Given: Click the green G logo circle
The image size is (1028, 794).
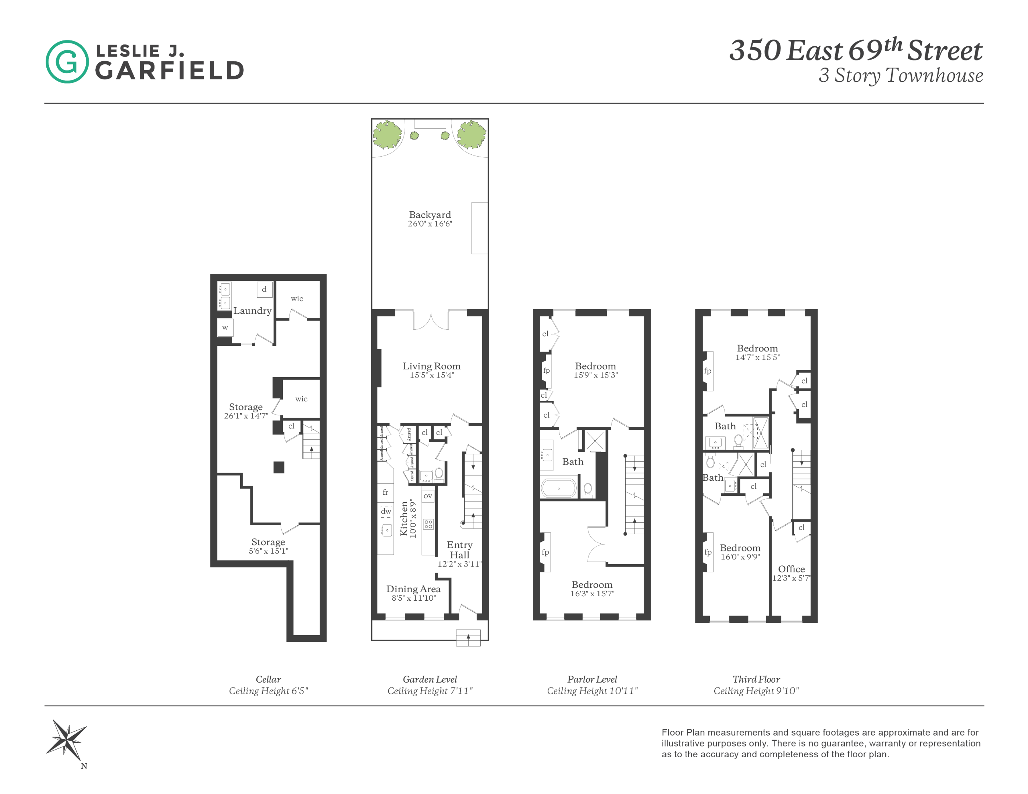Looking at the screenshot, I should coord(67,62).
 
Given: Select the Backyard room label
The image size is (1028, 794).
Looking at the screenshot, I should coord(429,215).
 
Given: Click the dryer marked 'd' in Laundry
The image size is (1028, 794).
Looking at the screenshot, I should coord(264,289).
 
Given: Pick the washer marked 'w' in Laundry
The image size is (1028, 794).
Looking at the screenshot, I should coord(225,328).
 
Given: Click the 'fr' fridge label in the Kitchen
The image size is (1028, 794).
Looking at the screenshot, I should coord(385,492).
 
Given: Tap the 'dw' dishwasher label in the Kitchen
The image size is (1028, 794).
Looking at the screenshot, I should coord(386,511).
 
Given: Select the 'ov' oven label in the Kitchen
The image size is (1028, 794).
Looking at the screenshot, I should coord(427,496).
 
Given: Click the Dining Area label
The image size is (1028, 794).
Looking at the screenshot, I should coord(413,589).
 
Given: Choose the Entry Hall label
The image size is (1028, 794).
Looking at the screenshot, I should coord(459,550).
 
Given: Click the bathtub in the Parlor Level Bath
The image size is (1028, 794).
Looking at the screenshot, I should coord(559,488).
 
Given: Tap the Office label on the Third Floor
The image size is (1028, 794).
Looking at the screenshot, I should coord(791,569).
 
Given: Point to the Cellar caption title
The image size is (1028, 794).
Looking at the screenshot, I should coord(268,679).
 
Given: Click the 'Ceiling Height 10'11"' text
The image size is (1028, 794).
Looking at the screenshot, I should coord(592,691).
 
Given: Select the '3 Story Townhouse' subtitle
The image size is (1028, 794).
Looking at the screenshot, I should coord(900,76).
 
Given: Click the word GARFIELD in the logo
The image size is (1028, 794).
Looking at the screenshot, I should coord(170,71).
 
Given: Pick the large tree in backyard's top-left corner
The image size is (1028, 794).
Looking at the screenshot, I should coord(387,134).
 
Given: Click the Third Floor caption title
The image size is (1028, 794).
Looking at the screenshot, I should coord(756,679).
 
